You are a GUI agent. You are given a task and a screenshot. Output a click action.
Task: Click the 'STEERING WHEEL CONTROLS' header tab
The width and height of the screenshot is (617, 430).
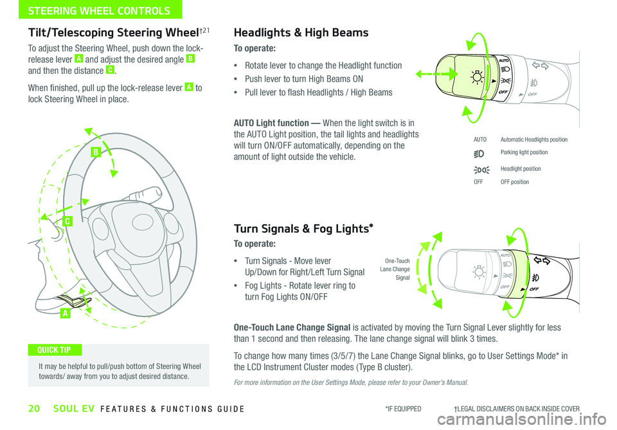(x=90, y=10)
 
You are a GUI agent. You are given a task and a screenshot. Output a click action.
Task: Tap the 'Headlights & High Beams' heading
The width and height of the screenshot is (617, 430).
(x=301, y=33)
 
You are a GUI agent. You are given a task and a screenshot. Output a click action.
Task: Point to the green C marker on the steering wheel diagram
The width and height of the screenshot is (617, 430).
(x=67, y=221)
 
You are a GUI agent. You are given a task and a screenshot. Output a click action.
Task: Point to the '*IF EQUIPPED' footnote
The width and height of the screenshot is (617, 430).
(x=403, y=409)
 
